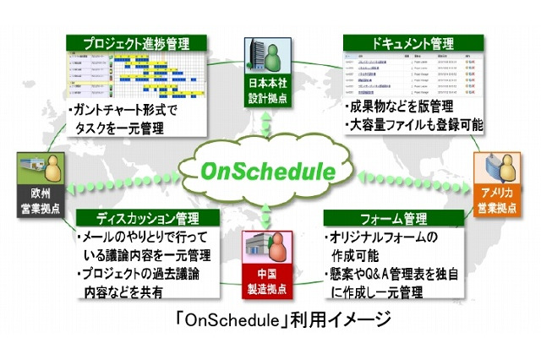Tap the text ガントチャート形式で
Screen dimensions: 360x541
pos(126,110)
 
